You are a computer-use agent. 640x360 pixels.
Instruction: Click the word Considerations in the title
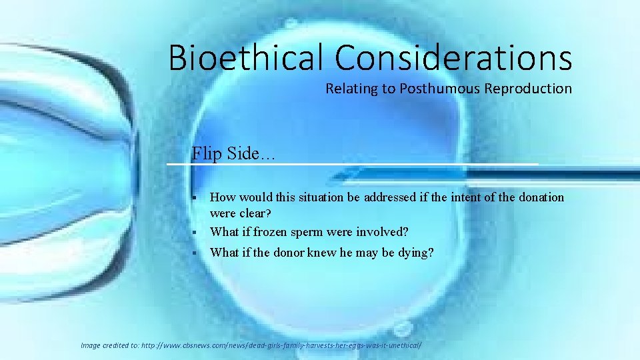coord(453,57)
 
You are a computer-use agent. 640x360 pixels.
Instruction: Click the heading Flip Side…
coord(233,153)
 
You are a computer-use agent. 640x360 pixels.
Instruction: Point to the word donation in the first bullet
coord(537,197)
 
